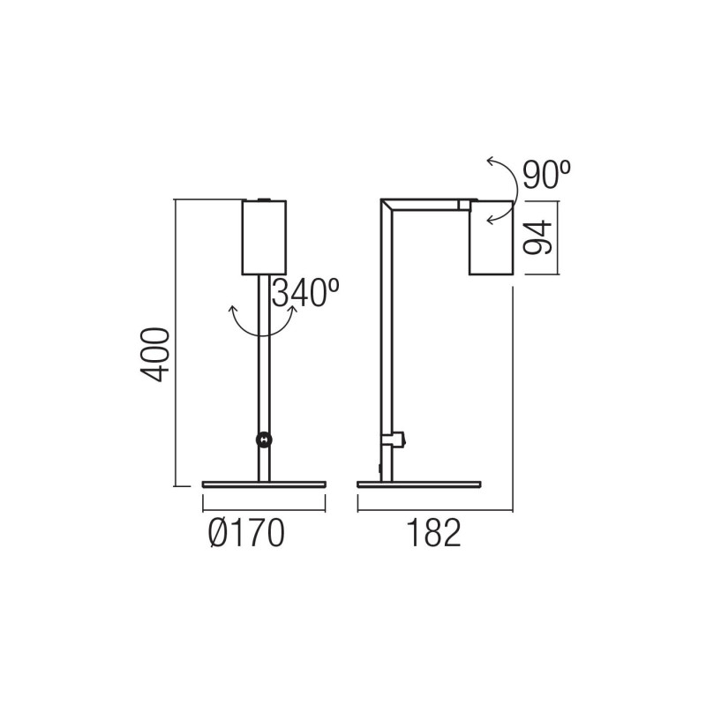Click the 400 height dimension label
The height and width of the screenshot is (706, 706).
156,354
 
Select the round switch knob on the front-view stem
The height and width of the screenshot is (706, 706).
263,439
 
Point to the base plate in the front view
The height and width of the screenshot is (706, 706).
264,484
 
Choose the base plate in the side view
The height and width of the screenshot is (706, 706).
419,484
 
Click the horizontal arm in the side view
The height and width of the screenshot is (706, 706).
424,203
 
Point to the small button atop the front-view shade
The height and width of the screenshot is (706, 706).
263,199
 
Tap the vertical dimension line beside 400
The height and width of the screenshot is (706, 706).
176,344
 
